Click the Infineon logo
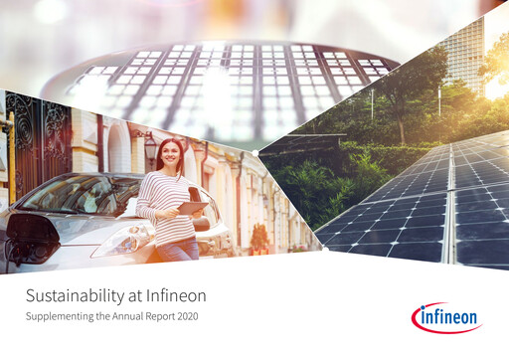point(445,317)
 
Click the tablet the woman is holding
point(192,207)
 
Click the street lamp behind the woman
point(149,146)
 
